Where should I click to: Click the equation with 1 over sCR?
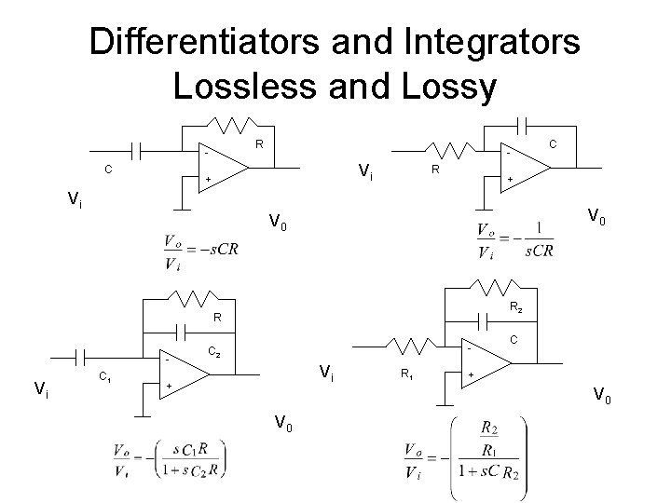pyautogui.click(x=514, y=239)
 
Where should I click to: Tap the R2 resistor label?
pyautogui.click(x=514, y=308)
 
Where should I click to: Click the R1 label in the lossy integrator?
pyautogui.click(x=406, y=376)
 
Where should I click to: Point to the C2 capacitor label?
pyautogui.click(x=213, y=352)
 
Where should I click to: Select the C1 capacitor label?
pyautogui.click(x=107, y=377)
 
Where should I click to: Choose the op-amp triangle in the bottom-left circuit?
pyautogui.click(x=183, y=372)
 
